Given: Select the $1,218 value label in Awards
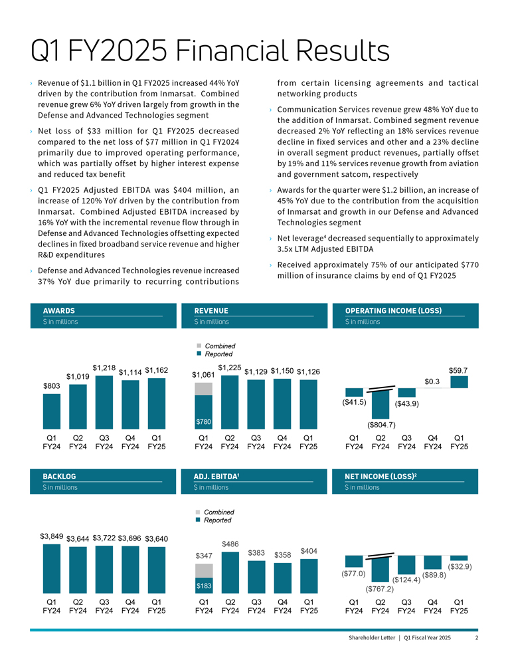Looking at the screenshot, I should click(104, 368).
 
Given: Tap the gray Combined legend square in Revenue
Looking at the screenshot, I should click(198, 346).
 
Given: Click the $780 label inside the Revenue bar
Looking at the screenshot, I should click(203, 422).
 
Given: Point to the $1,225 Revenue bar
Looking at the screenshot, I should click(230, 403).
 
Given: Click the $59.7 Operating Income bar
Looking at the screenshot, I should click(459, 382).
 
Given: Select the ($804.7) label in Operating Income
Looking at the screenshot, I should click(381, 425).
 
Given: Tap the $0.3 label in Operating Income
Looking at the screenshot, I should click(433, 381).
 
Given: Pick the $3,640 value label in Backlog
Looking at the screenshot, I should click(157, 538).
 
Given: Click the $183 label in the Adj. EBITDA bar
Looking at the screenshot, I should click(203, 586).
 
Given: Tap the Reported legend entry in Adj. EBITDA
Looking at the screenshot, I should click(218, 520).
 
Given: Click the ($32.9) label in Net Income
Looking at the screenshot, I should click(460, 567).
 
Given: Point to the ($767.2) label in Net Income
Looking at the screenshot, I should click(381, 588).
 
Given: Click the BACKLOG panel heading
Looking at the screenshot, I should click(59, 477).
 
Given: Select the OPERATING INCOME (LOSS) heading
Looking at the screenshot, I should click(393, 310).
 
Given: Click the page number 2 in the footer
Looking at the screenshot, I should click(477, 638).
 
